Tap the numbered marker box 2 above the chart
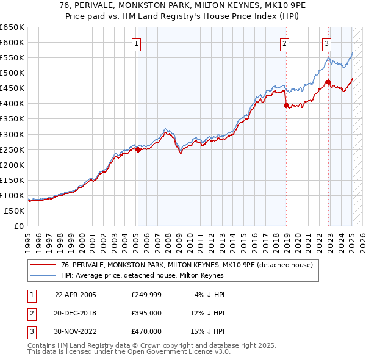click(284, 43)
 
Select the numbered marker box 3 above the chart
click(327, 43)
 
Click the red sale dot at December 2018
click(287, 105)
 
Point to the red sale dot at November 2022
click(329, 82)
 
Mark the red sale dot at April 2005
click(138, 149)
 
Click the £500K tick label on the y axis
click(12, 73)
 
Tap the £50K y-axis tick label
click(15, 211)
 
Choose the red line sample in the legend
click(43, 265)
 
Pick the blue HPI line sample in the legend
click(43, 275)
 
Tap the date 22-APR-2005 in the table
click(75, 295)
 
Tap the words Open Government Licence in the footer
click(178, 352)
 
